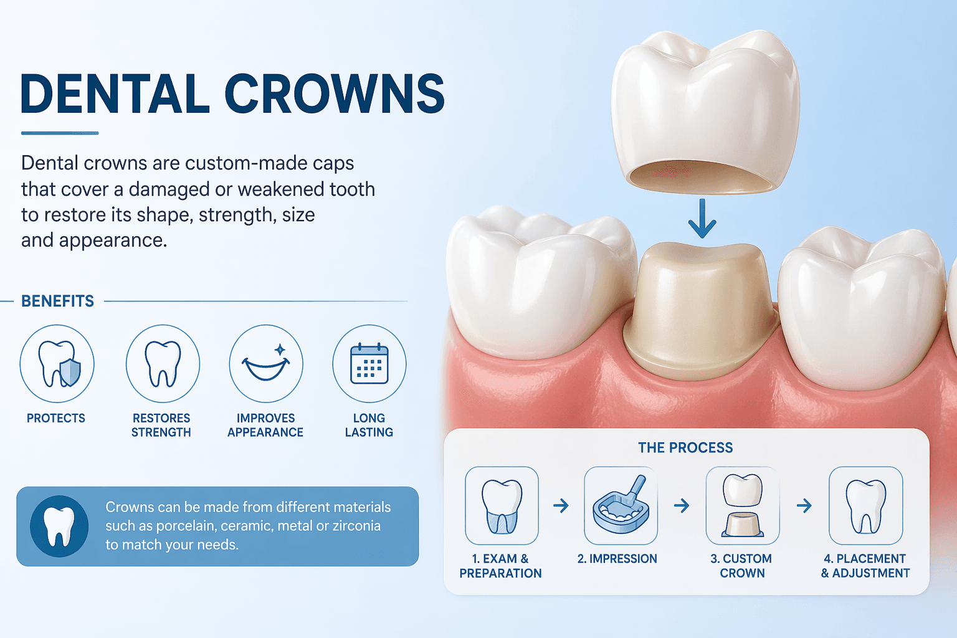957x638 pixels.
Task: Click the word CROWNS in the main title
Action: click(x=335, y=93)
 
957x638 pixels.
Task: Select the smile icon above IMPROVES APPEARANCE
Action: click(x=266, y=364)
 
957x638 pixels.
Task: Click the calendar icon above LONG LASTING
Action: click(x=369, y=364)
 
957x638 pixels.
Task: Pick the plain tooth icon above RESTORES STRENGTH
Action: click(x=163, y=364)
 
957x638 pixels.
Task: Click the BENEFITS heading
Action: click(x=58, y=302)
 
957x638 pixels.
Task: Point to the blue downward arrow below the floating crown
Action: click(x=702, y=218)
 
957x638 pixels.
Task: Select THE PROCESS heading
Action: click(x=686, y=447)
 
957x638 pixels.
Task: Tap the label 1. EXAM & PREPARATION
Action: click(x=500, y=566)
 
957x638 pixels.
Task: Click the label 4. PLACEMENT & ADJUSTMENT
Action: click(x=865, y=566)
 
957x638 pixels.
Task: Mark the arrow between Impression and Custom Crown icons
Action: click(x=682, y=506)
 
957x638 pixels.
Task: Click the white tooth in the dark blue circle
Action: click(x=59, y=526)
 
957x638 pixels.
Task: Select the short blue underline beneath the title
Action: click(x=60, y=133)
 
